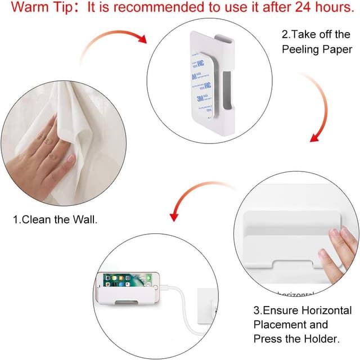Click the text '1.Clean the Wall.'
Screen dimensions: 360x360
pos(55,220)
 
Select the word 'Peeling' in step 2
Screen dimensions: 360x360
pos(303,49)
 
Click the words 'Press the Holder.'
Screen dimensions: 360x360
pos(296,339)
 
